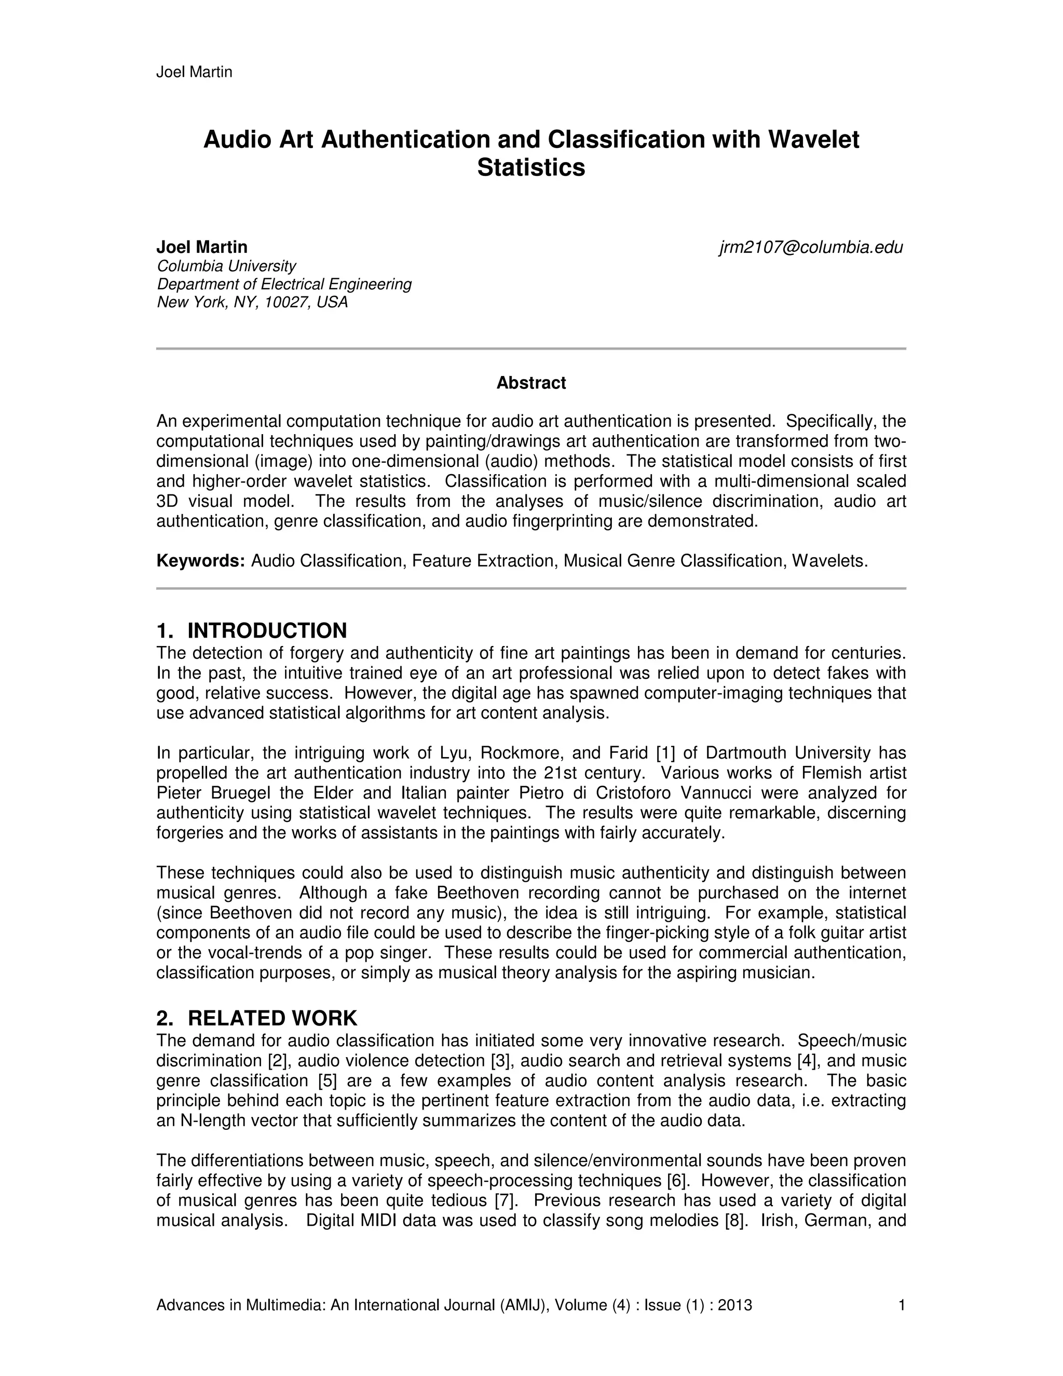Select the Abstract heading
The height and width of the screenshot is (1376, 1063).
pos(531,383)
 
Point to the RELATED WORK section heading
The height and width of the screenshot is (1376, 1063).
pos(272,1018)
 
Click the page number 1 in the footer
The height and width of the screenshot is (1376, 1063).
pos(902,1305)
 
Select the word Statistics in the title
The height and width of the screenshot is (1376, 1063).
pos(531,168)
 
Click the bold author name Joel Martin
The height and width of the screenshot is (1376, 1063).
pos(201,247)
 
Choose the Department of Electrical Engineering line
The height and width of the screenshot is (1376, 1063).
pos(284,284)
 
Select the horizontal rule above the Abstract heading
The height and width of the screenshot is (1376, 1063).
pos(531,348)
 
